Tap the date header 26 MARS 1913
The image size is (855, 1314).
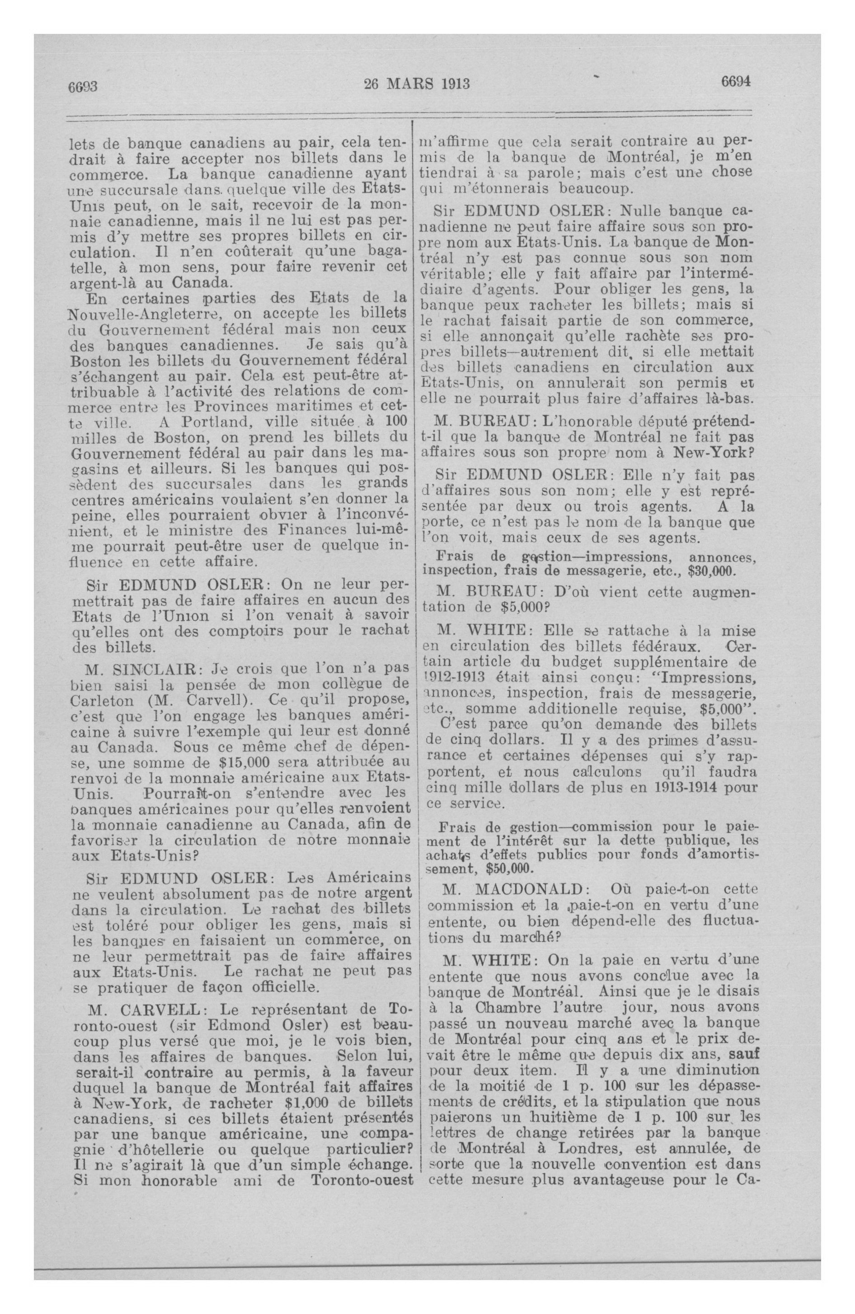pyautogui.click(x=417, y=84)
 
